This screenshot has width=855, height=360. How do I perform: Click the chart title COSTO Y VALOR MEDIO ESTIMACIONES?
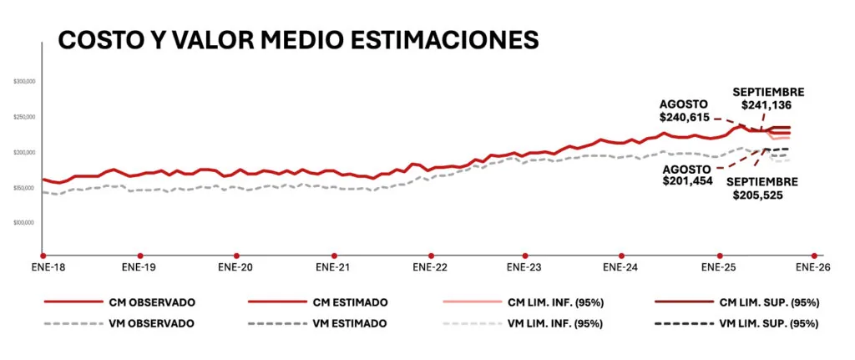297,40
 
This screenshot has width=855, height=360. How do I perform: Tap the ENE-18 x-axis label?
43,268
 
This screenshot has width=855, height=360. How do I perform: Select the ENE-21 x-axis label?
332,268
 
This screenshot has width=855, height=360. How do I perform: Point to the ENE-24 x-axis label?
620,268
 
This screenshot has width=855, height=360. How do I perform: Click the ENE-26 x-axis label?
814,268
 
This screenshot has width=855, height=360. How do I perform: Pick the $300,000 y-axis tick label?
30,82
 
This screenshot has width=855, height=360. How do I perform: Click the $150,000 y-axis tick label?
30,188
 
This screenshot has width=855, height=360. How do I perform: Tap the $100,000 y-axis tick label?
30,223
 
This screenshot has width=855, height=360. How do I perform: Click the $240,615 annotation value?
685,118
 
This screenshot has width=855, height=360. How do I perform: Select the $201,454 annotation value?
686,180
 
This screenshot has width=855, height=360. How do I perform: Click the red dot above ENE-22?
430,255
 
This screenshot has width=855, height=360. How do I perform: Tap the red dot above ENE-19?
140,255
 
